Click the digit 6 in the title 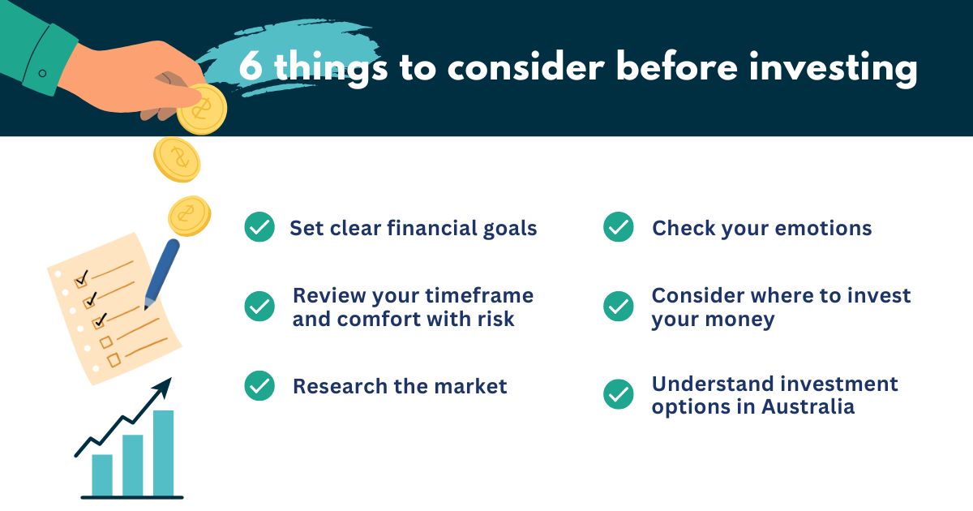pos(251,66)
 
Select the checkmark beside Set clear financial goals pos(259,227)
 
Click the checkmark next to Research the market pos(259,385)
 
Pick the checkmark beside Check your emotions pos(618,227)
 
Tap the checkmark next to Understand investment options pos(618,394)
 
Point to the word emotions pos(823,229)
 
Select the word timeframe pos(479,295)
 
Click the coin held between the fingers pos(202,109)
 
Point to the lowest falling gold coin pos(190,216)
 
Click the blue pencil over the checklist pos(161,274)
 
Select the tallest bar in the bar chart pos(163,453)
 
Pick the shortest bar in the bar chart pos(102,475)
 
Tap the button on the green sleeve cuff pos(42,73)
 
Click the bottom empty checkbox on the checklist pos(114,360)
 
